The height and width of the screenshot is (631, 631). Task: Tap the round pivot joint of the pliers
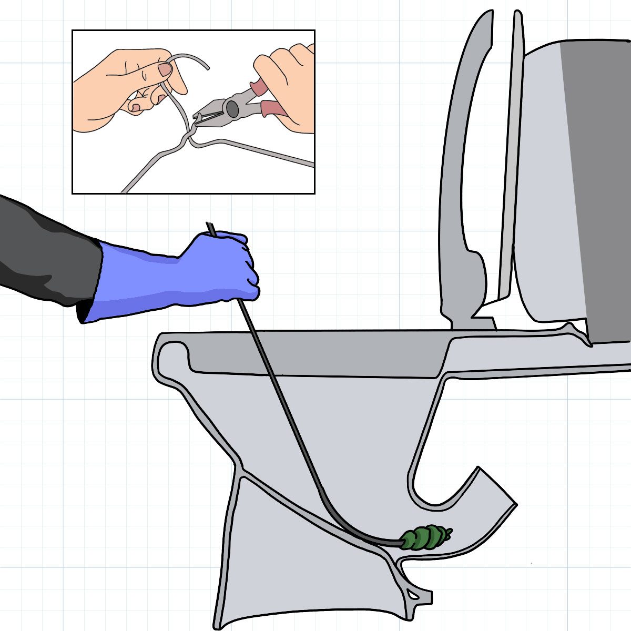click(231, 108)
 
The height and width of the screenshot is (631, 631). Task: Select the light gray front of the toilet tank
click(542, 184)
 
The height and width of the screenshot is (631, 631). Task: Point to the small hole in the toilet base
click(415, 596)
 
